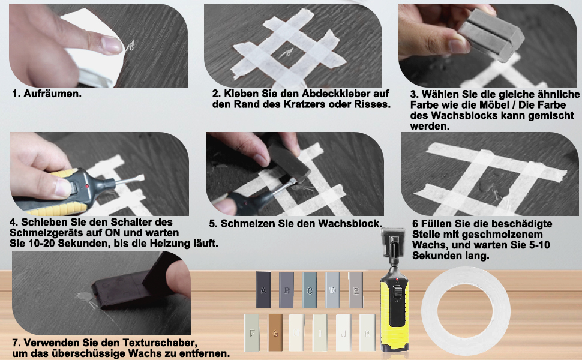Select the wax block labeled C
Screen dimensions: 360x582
[310, 290]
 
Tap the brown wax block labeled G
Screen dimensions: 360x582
[275, 333]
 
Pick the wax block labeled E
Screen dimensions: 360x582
[356, 290]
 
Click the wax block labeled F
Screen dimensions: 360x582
[252, 333]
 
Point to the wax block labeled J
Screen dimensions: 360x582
[343, 333]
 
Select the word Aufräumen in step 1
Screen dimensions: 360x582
[53, 94]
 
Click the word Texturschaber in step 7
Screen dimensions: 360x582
[136, 343]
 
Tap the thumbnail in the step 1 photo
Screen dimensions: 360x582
[111, 43]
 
